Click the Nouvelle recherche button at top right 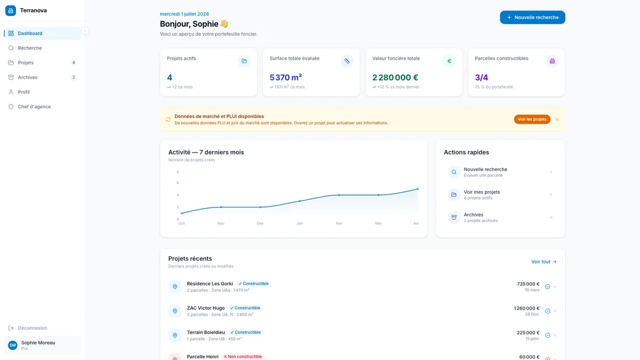[x=532, y=18]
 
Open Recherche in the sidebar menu [x=30, y=48]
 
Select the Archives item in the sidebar [x=27, y=77]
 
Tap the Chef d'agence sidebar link [x=34, y=107]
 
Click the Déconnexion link [x=33, y=328]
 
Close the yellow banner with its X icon [x=557, y=119]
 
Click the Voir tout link [x=543, y=262]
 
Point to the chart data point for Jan [x=300, y=201]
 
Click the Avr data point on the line [x=418, y=189]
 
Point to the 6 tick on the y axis [x=178, y=183]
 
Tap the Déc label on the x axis [x=260, y=223]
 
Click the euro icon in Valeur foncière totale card [x=449, y=61]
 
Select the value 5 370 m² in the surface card [x=286, y=77]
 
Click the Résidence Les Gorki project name [x=210, y=284]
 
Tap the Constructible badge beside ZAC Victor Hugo [x=245, y=308]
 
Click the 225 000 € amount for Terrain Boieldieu [x=528, y=333]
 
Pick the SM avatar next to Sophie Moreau [x=13, y=345]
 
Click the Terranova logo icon [x=11, y=11]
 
